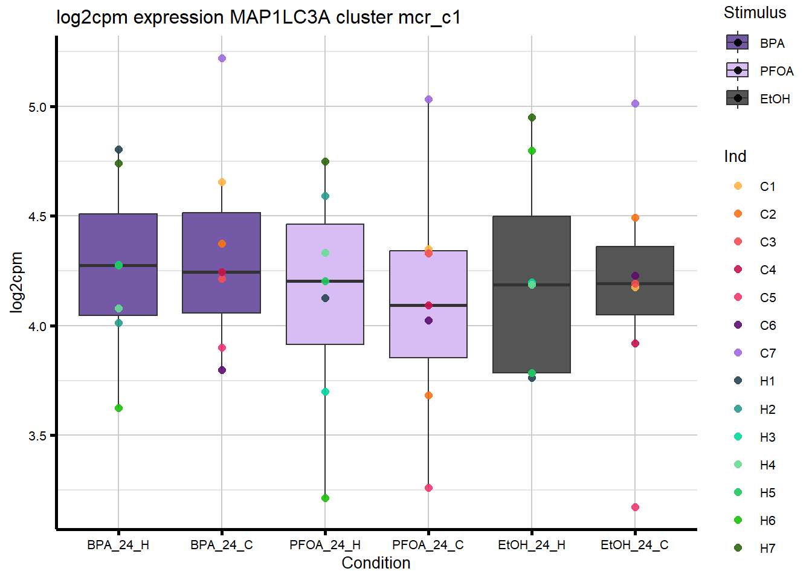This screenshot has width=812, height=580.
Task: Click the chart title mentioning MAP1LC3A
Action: point(259,17)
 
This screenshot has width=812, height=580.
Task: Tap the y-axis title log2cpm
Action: point(16,282)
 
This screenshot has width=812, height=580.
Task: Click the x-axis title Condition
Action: point(376,563)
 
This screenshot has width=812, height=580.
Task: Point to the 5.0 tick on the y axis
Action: point(37,108)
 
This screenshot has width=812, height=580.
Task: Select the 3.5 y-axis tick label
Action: point(37,436)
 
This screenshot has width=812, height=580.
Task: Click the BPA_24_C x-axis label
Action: point(222,545)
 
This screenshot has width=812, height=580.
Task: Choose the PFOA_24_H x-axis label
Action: point(325,545)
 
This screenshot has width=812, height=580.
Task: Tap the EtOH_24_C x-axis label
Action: point(634,545)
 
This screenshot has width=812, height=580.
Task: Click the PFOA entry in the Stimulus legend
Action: point(776,71)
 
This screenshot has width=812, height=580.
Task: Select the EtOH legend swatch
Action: point(737,98)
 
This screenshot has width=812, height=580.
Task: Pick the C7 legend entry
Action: point(767,353)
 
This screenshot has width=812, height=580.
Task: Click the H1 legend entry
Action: point(767,381)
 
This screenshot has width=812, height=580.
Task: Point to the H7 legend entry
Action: point(767,549)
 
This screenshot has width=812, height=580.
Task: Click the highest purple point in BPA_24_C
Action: point(222,59)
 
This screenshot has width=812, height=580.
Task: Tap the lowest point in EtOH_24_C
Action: point(635,507)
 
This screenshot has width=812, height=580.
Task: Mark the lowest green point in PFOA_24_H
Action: point(325,498)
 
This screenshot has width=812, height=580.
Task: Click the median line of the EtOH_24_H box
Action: point(532,285)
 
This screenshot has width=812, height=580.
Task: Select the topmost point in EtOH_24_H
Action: point(532,118)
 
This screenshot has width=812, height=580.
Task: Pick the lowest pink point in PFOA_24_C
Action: point(428,488)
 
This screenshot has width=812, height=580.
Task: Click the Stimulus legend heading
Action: point(755,13)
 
